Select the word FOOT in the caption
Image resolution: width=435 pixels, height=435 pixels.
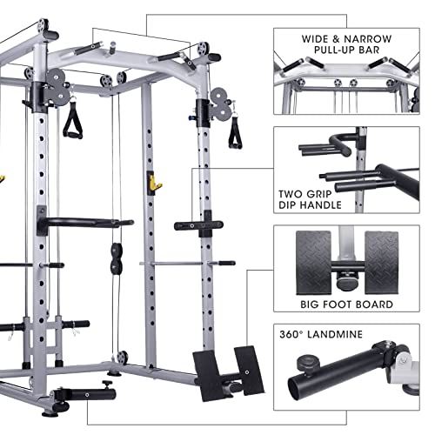pos(345,305)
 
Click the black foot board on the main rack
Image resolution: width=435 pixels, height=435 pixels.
pos(217,365)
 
